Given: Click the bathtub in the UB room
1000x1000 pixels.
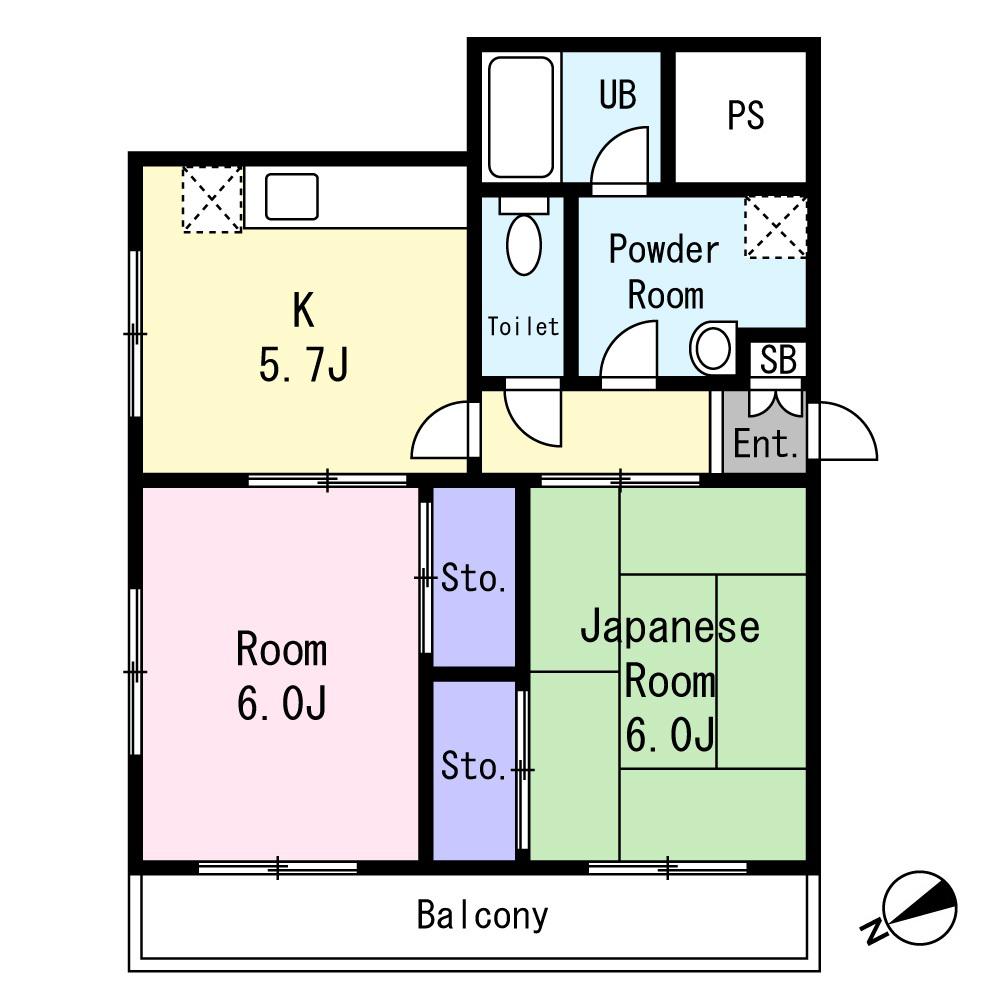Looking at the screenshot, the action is tap(520, 117).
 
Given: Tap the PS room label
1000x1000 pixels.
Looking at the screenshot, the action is tap(746, 115).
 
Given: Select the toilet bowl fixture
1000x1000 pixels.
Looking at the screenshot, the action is tap(524, 237).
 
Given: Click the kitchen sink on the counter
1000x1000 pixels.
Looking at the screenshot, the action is tap(291, 196).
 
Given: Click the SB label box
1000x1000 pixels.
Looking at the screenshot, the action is tap(778, 359).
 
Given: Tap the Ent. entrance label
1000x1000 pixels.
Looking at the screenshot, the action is tap(765, 444).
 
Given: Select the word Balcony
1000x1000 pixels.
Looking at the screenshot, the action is tap(482, 915).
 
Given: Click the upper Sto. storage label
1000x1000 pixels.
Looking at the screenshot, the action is tap(474, 578).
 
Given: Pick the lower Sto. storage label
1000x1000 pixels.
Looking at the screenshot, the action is tap(474, 765).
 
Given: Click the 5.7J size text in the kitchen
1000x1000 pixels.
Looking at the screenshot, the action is tap(304, 365).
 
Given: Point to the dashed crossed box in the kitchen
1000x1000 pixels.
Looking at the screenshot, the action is tap(212, 200).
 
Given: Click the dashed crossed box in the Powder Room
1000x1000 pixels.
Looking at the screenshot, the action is tap(776, 228).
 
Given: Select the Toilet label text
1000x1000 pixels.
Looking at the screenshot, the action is tap(523, 327).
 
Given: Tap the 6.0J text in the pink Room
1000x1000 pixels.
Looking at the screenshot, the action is tap(282, 703).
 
